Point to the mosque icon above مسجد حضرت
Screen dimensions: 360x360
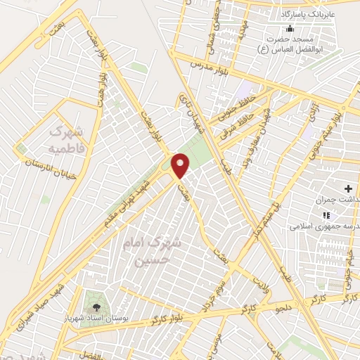(x=290, y=29)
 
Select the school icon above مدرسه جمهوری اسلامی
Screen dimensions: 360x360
(x=325, y=215)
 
